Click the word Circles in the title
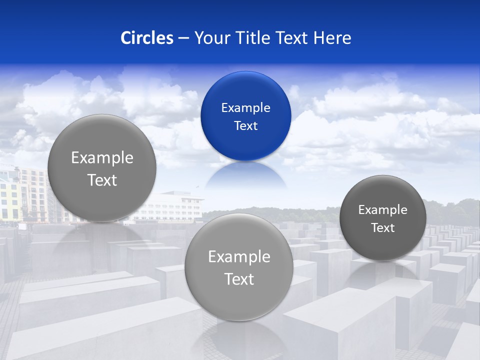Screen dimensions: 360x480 [147, 38]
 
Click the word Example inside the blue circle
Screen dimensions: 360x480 [245, 108]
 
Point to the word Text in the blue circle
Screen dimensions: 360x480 [245, 126]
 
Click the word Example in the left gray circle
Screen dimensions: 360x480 [102, 158]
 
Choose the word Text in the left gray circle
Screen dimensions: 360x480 [102, 180]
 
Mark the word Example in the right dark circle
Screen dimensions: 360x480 [383, 210]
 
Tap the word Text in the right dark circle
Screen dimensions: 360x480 [383, 228]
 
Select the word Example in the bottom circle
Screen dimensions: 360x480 [239, 257]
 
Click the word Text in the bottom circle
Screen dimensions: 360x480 [239, 279]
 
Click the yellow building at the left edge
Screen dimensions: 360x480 [8, 200]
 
